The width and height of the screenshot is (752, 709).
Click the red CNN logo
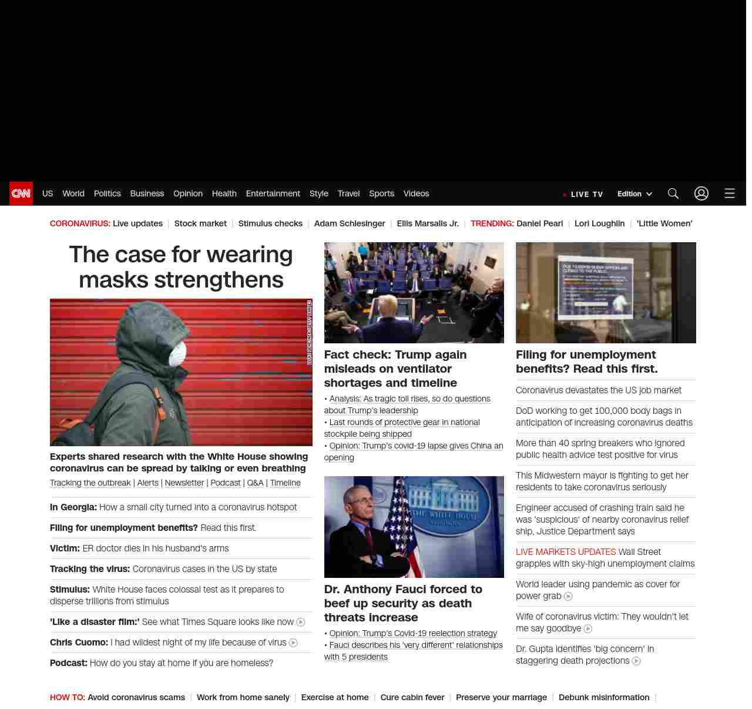coord(21,193)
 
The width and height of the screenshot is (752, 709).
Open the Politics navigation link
coord(107,193)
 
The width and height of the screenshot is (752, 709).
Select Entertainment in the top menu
coord(273,193)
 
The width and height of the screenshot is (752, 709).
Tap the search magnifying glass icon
coord(673,193)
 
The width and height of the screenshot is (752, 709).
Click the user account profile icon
coord(701,193)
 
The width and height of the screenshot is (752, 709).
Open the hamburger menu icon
coord(730,193)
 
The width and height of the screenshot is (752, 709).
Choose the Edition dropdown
coord(634,194)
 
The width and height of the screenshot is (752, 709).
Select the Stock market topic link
coord(200,223)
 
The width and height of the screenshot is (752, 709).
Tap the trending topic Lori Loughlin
coord(599,223)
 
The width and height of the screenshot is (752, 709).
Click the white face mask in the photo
coord(178,354)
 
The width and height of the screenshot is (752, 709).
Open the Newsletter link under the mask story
coord(184,483)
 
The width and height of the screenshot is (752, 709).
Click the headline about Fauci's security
coord(403,603)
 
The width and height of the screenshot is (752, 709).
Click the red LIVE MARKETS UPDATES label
coord(566,552)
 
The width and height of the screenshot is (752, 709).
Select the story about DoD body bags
coord(604,417)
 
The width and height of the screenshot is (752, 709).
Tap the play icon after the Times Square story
coord(301,622)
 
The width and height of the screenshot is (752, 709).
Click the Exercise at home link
coord(335,697)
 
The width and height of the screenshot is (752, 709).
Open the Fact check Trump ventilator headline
coord(395,369)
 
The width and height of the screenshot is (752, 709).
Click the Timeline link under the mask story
coord(285,483)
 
